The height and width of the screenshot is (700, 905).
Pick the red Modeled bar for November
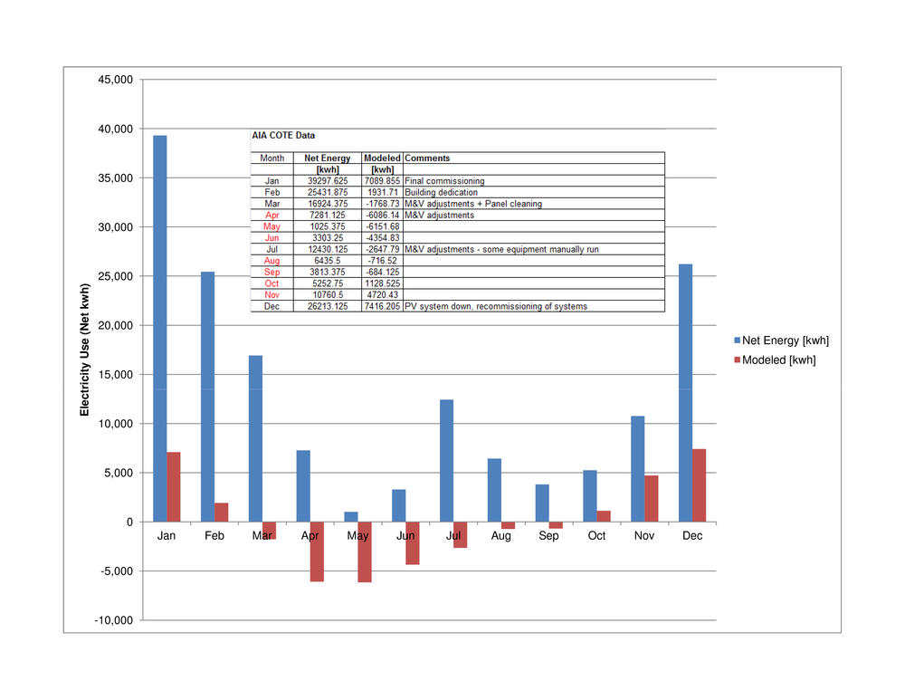tap(651, 498)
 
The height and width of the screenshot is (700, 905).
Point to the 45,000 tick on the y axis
tap(117, 80)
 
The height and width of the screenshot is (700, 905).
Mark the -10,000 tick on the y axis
tap(115, 620)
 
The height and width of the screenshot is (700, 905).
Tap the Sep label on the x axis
tap(548, 536)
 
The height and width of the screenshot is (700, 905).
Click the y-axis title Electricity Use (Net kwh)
tap(86, 350)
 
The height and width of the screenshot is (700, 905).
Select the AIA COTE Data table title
tap(283, 136)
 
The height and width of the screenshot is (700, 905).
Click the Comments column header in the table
tap(427, 158)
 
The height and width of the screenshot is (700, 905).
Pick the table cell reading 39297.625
tap(327, 181)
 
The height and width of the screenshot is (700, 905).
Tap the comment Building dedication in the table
tap(443, 192)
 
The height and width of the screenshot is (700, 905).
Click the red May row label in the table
tap(271, 226)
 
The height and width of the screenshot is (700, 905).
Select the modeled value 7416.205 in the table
tap(382, 306)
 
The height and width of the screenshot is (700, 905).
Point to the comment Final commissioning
tap(444, 181)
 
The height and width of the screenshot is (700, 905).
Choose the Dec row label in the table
tap(271, 306)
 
